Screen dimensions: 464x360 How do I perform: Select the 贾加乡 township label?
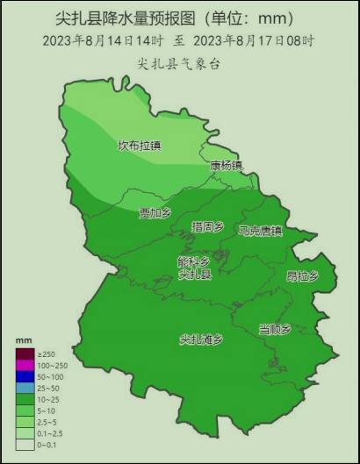click(155, 213)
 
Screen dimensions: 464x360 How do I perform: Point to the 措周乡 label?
click(207, 227)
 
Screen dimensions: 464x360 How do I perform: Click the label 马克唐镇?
click(260, 232)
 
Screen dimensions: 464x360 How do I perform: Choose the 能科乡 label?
click(193, 261)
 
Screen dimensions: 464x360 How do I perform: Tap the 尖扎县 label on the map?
click(194, 274)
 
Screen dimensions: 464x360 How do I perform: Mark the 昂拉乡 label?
click(301, 275)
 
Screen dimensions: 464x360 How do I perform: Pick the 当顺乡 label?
click(274, 329)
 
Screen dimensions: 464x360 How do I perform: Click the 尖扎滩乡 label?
click(201, 339)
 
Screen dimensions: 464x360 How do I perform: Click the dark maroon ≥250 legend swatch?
click(25, 353)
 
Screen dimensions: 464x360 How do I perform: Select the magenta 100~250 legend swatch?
click(25, 365)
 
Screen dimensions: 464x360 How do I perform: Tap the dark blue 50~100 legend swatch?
click(25, 376)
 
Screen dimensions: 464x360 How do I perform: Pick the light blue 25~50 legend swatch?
click(25, 388)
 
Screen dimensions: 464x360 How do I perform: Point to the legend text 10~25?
click(49, 399)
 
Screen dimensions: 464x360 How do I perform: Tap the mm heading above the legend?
click(24, 340)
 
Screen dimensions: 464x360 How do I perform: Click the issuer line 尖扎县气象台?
click(179, 62)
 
